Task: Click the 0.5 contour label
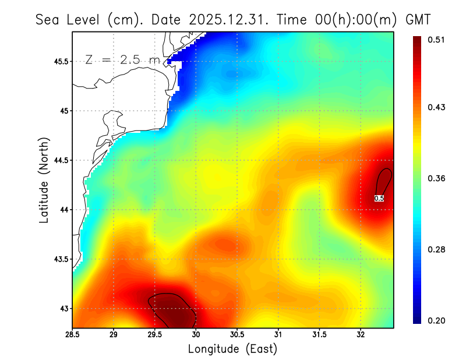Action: tap(379, 199)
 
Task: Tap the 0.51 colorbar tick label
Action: tap(437, 40)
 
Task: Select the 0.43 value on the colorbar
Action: tap(437, 107)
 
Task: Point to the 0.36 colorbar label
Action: tap(437, 178)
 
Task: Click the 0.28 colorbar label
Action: tap(437, 249)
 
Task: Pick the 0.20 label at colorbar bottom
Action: tap(437, 320)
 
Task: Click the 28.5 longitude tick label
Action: tap(72, 334)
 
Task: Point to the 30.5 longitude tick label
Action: tap(237, 334)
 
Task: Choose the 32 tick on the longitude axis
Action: tap(361, 334)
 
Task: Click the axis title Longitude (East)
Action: tap(232, 348)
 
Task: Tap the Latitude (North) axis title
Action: tap(44, 180)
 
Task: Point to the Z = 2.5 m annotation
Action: tap(122, 60)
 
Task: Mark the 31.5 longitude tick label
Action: tap(319, 334)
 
